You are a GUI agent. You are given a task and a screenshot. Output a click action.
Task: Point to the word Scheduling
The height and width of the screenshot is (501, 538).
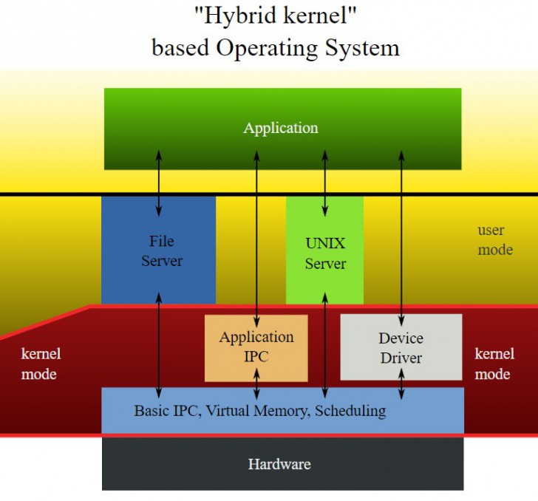[350, 410]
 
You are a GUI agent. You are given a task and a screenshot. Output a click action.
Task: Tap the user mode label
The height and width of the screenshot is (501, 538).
[494, 240]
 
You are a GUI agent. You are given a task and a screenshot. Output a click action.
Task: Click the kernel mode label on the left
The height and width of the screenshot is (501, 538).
[40, 364]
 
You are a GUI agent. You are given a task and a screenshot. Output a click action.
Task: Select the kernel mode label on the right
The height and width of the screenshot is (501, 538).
[492, 364]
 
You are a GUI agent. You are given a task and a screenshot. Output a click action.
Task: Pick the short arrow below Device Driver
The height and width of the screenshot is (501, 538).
[401, 384]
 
